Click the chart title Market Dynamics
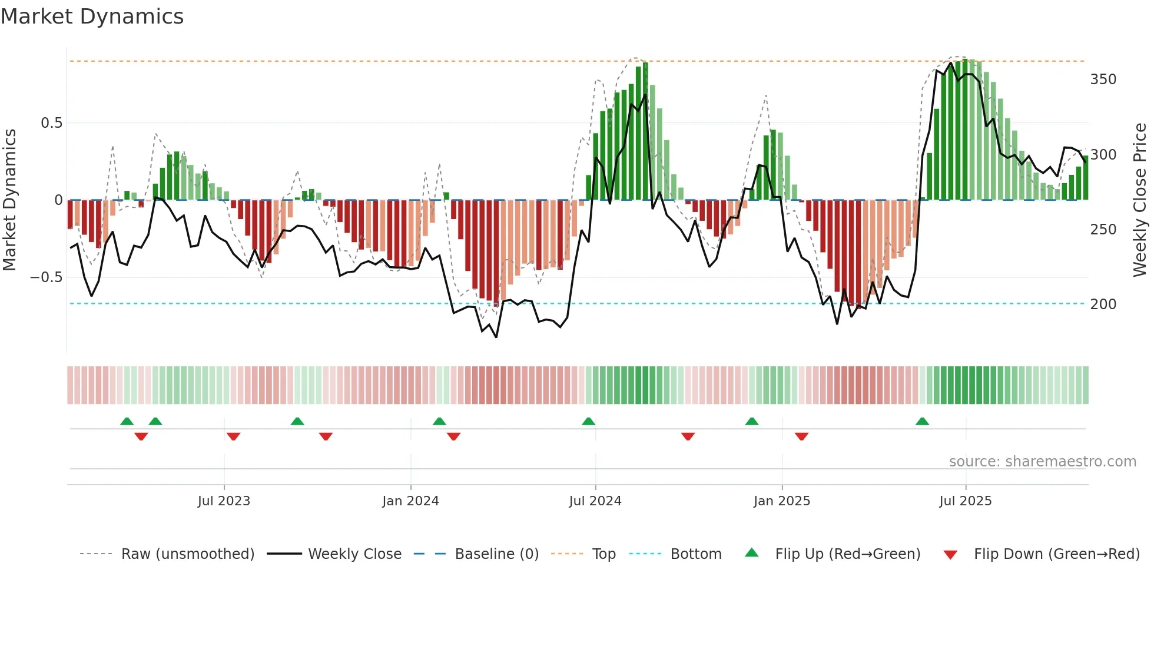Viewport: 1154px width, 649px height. (92, 16)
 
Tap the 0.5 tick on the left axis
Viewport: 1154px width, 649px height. (51, 123)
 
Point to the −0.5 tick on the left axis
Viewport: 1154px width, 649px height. (47, 277)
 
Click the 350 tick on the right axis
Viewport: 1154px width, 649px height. (1103, 80)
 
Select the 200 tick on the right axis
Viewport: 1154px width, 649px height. (1103, 304)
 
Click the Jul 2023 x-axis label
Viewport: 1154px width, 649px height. (224, 501)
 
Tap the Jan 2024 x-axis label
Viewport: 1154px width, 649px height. (410, 501)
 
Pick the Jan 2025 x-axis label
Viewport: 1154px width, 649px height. (781, 501)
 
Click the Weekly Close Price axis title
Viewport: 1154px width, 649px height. (1140, 200)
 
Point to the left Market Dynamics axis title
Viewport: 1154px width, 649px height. (10, 200)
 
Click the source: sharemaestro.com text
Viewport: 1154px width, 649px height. (1042, 462)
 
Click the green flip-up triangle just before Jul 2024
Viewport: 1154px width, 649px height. (588, 422)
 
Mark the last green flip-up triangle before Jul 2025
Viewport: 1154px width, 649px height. (922, 422)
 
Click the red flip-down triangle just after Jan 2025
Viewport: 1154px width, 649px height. (801, 436)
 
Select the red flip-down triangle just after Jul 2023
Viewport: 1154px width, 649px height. (233, 436)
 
